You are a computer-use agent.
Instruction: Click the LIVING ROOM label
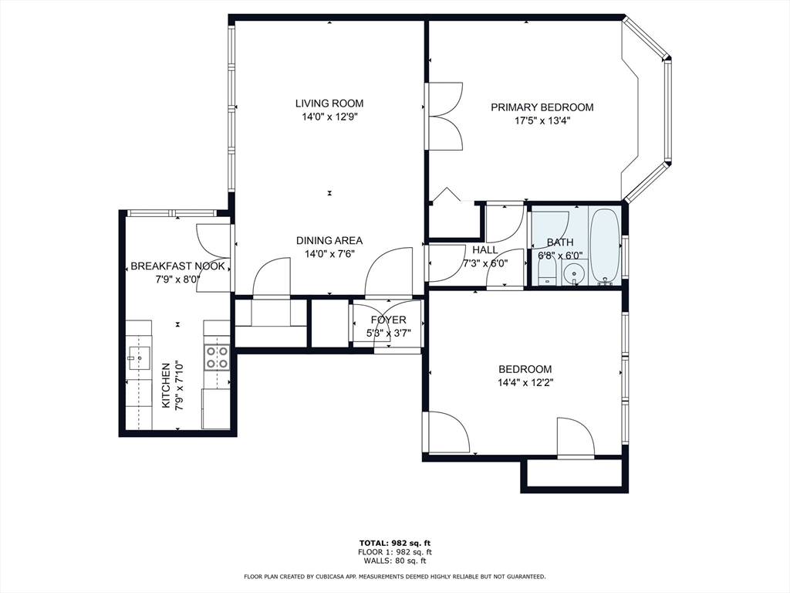pyautogui.click(x=329, y=103)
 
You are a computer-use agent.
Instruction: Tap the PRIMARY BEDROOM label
pyautogui.click(x=542, y=107)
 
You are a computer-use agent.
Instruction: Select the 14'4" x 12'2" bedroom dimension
pyautogui.click(x=525, y=383)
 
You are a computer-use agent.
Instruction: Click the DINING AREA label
pyautogui.click(x=329, y=241)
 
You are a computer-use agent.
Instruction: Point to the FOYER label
pyautogui.click(x=389, y=320)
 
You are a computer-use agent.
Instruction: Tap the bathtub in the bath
pyautogui.click(x=605, y=246)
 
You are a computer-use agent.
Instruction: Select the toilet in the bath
pyautogui.click(x=546, y=273)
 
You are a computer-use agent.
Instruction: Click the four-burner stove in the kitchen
pyautogui.click(x=217, y=357)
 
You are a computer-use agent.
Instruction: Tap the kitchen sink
pyautogui.click(x=138, y=357)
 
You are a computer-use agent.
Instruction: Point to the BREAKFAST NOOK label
pyautogui.click(x=178, y=266)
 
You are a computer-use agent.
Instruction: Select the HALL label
pyautogui.click(x=485, y=249)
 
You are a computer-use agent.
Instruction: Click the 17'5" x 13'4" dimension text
pyautogui.click(x=542, y=120)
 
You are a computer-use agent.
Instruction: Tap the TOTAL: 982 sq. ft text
pyautogui.click(x=395, y=543)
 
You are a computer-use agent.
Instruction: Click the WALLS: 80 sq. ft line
pyautogui.click(x=395, y=561)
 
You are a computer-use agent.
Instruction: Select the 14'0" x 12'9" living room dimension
pyautogui.click(x=329, y=117)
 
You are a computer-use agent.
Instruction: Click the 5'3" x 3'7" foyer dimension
pyautogui.click(x=389, y=333)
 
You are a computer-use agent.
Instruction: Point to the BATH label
pyautogui.click(x=560, y=242)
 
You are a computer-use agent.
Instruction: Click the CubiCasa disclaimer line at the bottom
pyautogui.click(x=395, y=576)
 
